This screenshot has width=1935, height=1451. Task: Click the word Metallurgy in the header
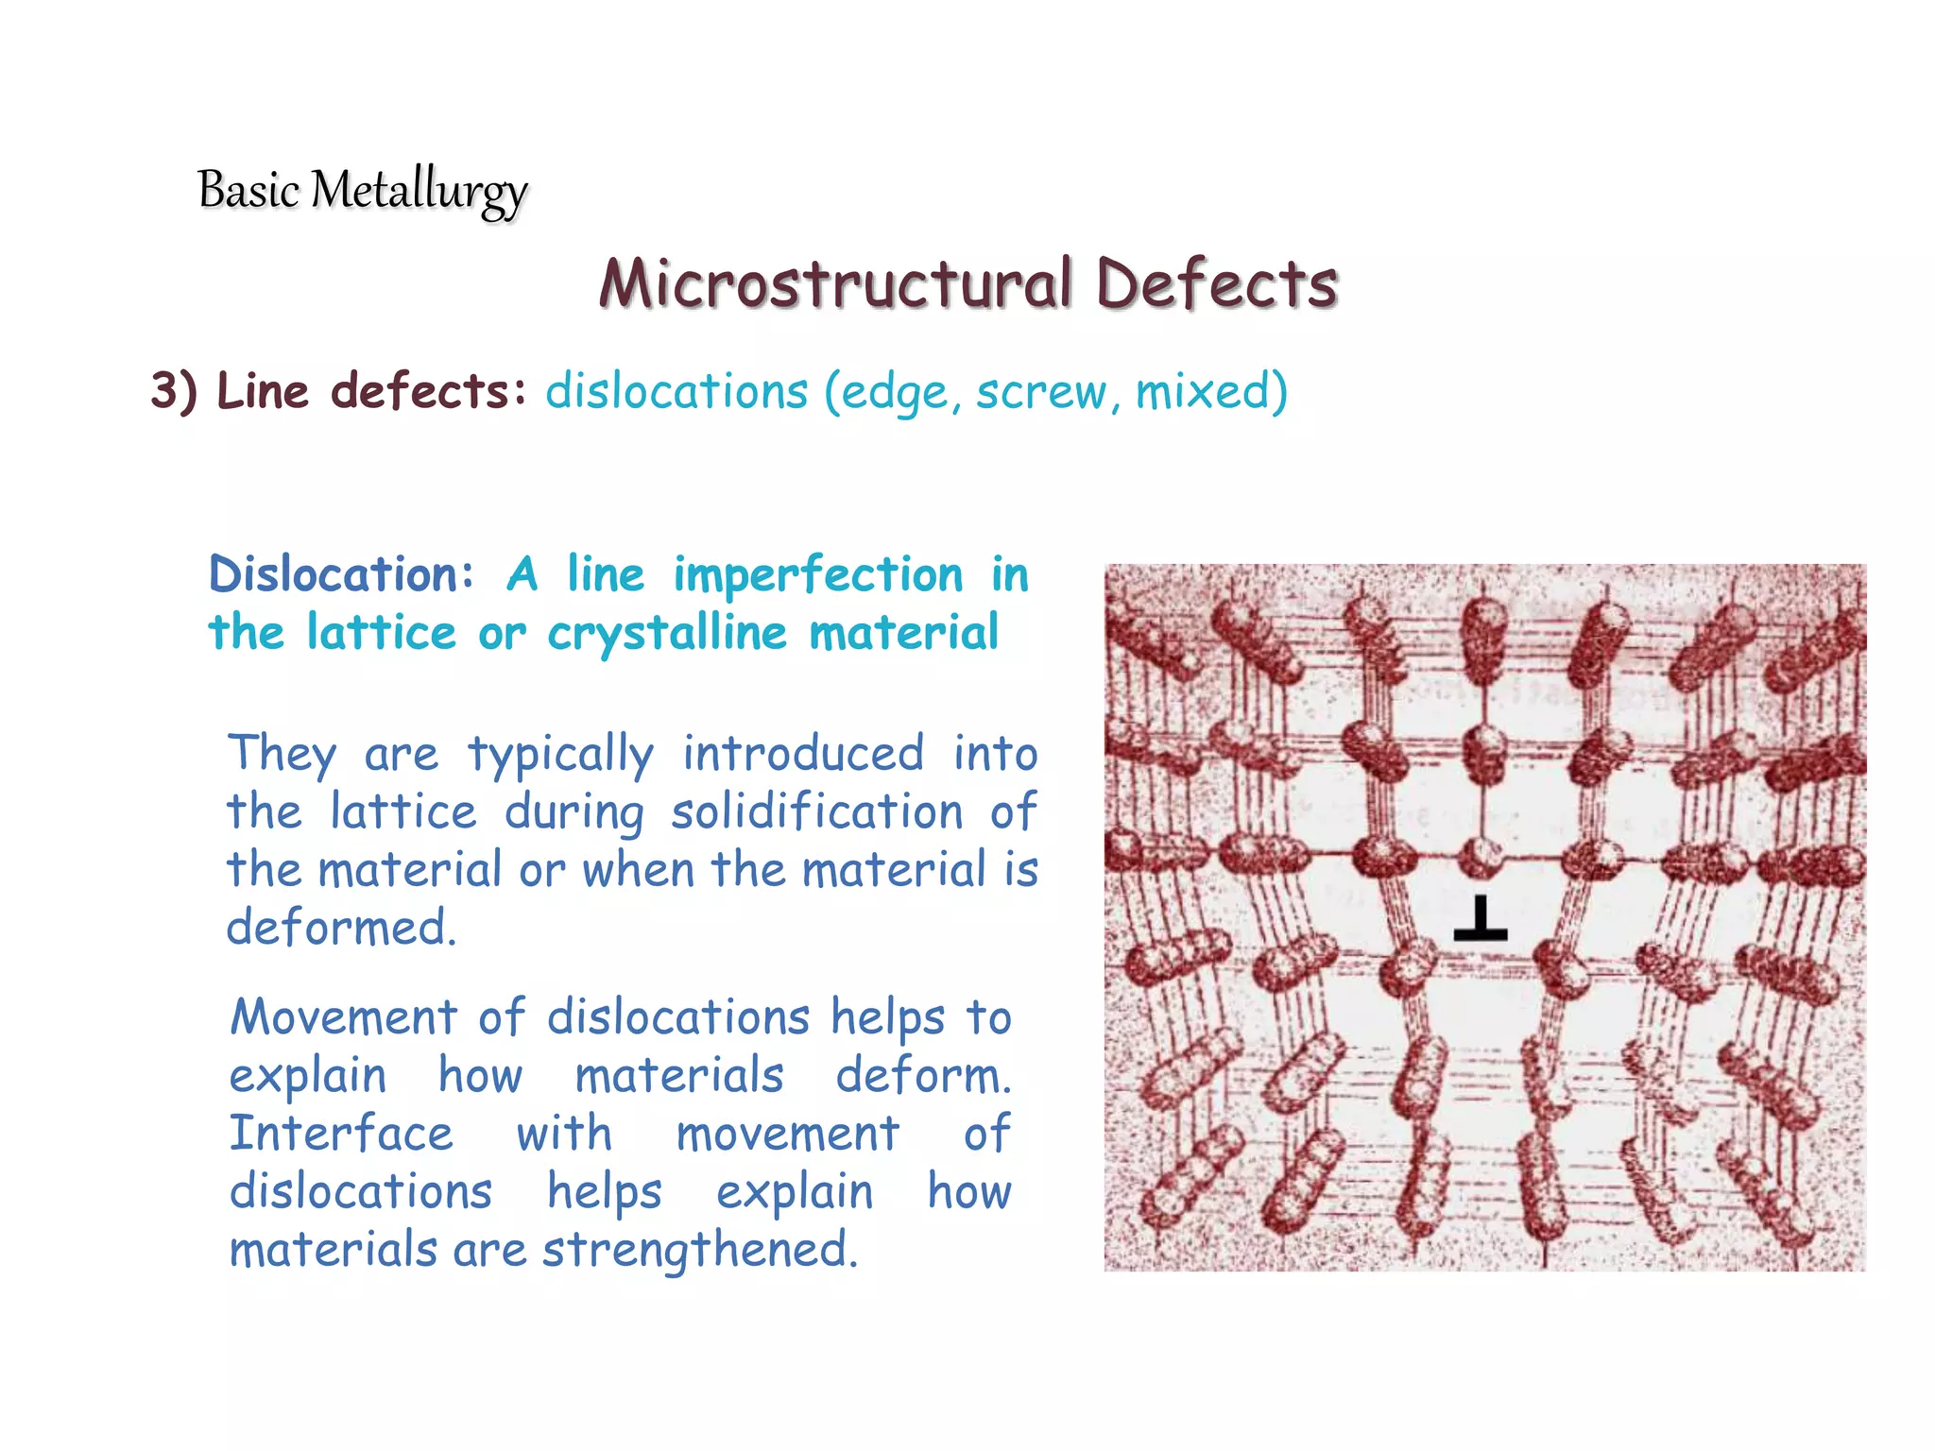tap(419, 191)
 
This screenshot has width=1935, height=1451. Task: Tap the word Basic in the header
tap(248, 189)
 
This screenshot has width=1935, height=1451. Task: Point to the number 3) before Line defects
tap(175, 390)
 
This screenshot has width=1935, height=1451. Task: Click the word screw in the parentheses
tap(1040, 391)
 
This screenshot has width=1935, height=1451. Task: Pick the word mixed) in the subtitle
tap(1211, 391)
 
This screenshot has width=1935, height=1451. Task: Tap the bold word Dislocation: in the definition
tap(341, 574)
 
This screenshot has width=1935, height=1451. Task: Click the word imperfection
tap(818, 575)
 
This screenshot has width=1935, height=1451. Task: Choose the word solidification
tap(816, 811)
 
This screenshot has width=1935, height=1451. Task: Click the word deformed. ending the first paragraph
tap(341, 928)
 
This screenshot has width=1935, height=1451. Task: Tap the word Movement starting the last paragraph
tap(344, 1017)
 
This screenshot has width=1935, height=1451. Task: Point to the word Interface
tap(341, 1133)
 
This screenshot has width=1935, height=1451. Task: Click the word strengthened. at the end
tap(699, 1250)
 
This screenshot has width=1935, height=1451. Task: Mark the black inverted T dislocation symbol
tap(1481, 919)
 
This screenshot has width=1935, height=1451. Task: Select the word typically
tap(560, 755)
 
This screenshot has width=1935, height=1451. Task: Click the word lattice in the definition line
tap(382, 633)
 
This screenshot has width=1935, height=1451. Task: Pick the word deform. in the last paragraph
tap(923, 1075)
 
